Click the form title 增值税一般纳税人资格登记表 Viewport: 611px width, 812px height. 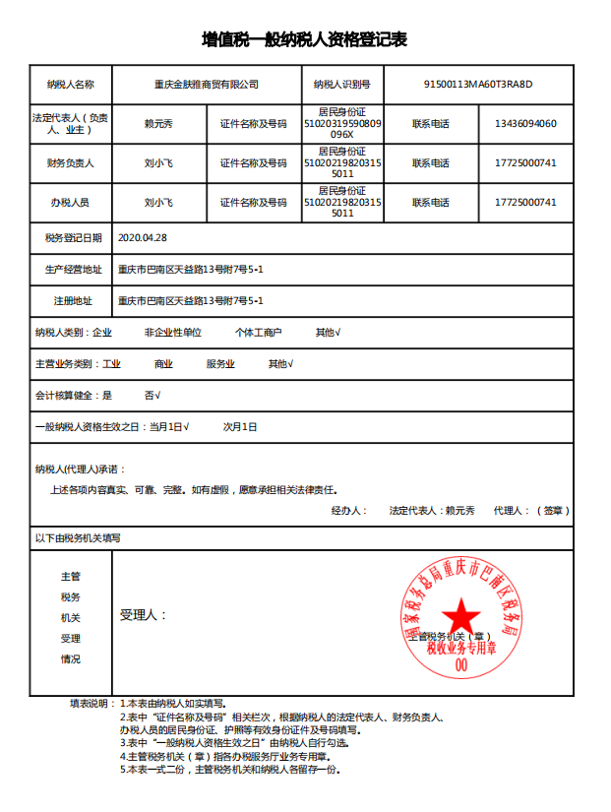coord(305,39)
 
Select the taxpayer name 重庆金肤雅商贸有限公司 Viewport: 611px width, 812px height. coord(207,85)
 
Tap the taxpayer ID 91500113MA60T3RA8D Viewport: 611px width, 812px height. coord(477,85)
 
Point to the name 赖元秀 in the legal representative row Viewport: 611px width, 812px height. coord(158,124)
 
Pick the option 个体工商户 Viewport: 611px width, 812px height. coord(259,333)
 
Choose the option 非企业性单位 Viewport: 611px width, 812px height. coord(172,333)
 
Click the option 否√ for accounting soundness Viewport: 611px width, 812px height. coord(153,396)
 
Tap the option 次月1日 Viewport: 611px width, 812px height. coord(240,427)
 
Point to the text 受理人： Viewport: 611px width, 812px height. coord(143,615)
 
